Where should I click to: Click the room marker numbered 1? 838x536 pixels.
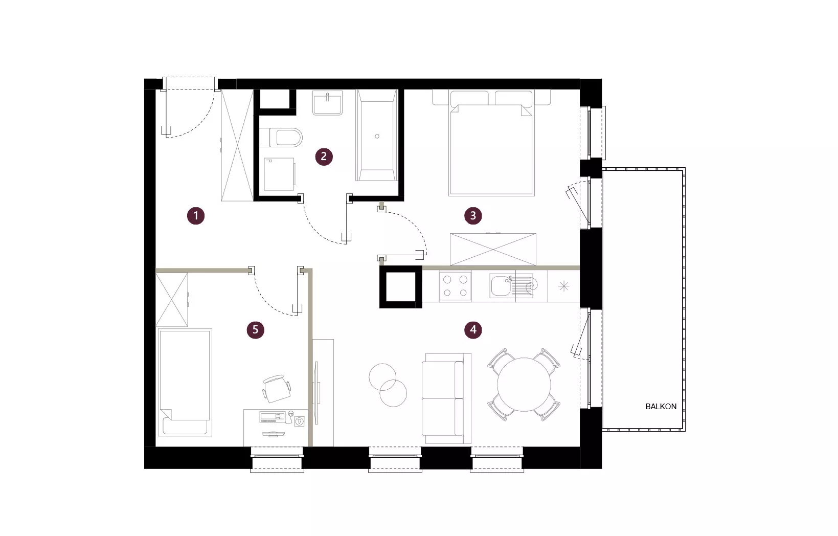196,216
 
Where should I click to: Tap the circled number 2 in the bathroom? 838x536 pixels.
324,157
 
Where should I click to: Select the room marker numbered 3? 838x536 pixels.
473,216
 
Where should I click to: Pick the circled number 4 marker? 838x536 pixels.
473,330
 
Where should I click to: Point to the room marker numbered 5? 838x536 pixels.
256,330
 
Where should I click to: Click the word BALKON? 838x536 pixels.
661,407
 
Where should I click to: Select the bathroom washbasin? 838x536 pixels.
327,103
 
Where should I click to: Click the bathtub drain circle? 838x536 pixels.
377,136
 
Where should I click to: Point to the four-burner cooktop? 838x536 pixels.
455,286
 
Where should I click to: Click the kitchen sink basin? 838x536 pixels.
500,285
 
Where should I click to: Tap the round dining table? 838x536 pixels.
524,385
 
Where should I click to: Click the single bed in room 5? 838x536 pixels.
185,382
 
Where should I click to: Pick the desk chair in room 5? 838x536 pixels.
277,389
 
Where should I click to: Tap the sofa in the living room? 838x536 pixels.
446,398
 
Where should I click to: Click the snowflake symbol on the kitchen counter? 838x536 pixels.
564,287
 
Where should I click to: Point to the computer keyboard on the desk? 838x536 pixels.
268,416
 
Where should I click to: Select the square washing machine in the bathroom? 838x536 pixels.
279,174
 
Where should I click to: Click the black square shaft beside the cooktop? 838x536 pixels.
401,287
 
